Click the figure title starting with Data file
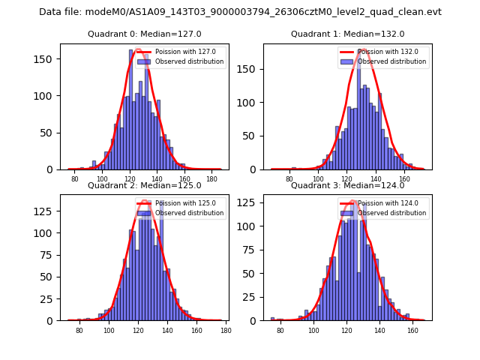point(240,12)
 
